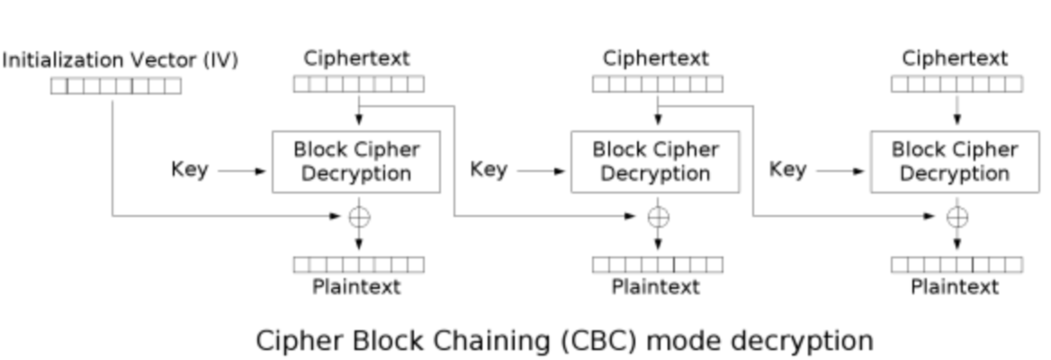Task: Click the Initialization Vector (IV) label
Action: coord(120,60)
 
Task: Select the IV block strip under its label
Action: coord(116,86)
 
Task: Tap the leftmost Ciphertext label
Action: coord(356,58)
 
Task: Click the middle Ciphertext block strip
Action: coord(658,84)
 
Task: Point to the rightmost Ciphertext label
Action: coord(955,58)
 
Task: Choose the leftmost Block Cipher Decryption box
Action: coord(356,162)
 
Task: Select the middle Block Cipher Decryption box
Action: coord(656,162)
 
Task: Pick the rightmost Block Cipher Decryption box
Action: coord(955,162)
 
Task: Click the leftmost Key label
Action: coord(190,170)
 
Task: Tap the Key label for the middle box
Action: coord(489,170)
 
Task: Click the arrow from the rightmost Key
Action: coord(840,171)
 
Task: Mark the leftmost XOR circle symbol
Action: coord(359,217)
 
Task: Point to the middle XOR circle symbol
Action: coord(658,217)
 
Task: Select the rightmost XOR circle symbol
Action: coord(957,217)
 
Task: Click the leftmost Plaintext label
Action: coord(356,287)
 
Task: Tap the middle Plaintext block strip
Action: coord(658,265)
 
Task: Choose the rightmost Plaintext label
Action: coord(955,287)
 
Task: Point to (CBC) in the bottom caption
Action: coord(599,341)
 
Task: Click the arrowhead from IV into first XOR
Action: coord(335,216)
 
